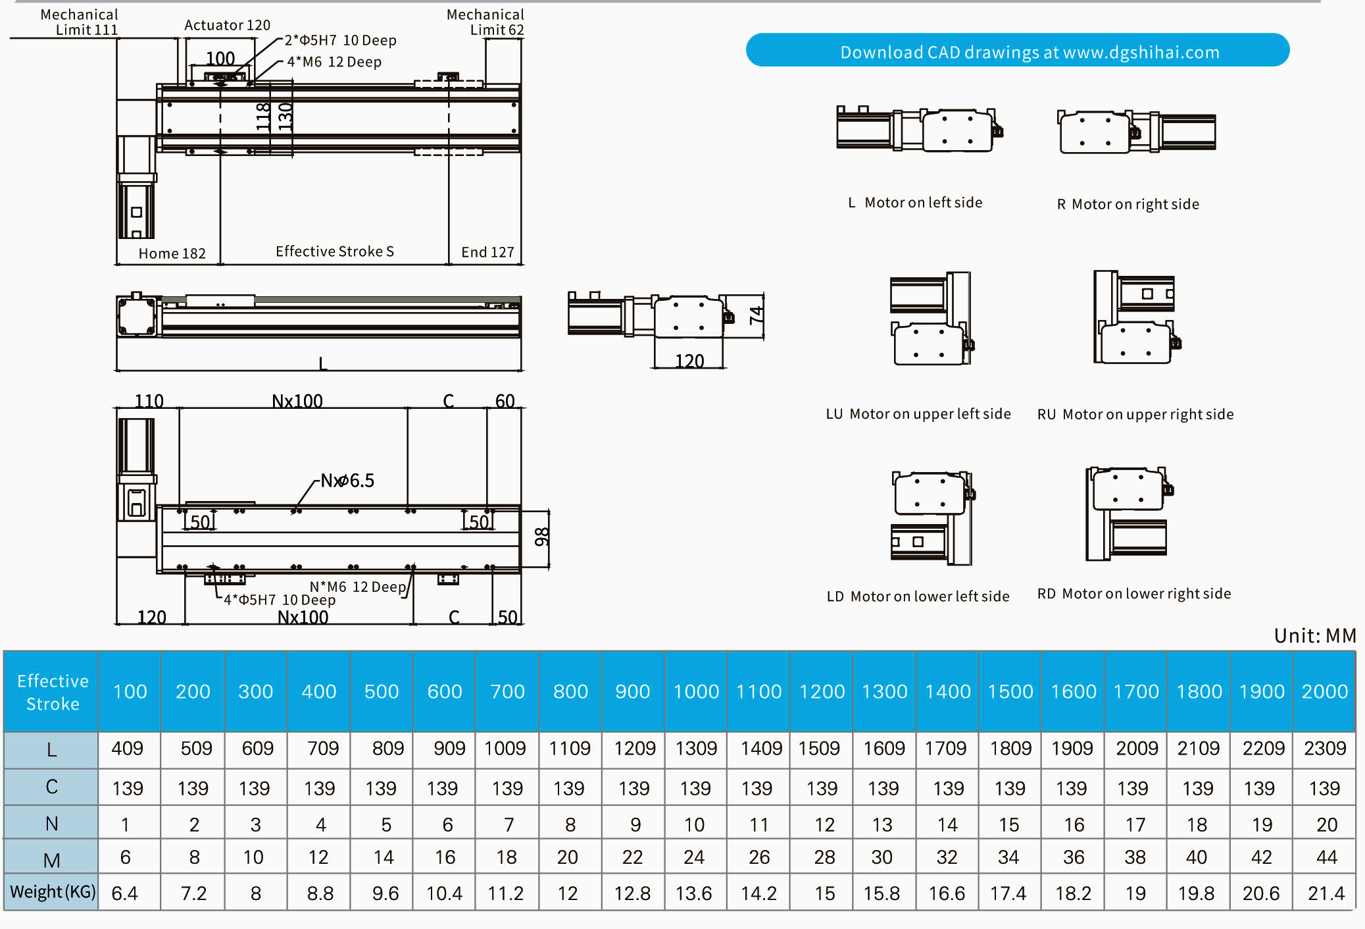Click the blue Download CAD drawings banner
(1017, 51)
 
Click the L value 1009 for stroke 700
(505, 749)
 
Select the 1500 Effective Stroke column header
(1010, 691)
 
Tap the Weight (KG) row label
(52, 892)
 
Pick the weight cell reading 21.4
(1326, 893)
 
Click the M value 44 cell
(1326, 857)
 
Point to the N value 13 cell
(882, 824)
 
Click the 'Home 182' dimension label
(172, 253)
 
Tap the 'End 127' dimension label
(487, 252)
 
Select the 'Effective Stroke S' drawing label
(334, 252)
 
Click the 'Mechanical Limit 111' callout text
(80, 22)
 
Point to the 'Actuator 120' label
(227, 25)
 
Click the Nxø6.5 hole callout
(347, 481)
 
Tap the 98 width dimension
(541, 537)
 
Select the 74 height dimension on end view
(756, 315)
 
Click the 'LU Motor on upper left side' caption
(918, 414)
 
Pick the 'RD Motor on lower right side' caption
(1133, 594)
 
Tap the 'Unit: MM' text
(1314, 635)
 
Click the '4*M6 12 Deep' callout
(334, 62)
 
